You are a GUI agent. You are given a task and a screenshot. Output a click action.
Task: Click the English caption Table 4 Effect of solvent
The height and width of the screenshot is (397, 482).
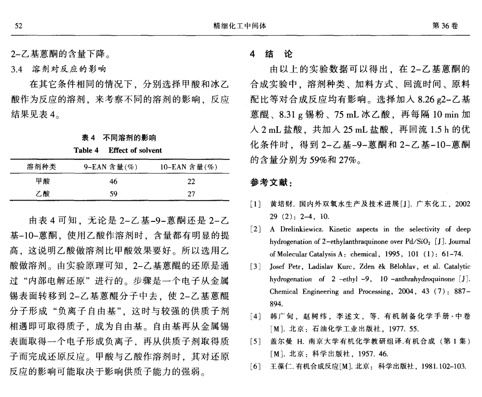pos(118,150)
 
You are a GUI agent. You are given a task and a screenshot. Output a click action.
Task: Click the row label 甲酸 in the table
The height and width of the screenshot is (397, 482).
pos(42,181)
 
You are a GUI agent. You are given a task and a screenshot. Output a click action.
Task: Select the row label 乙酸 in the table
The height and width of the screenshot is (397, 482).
pos(42,194)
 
